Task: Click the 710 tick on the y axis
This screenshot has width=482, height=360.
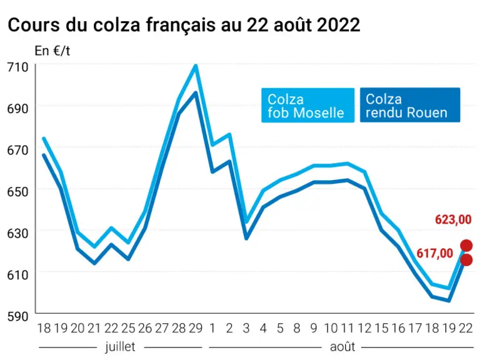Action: click(x=18, y=67)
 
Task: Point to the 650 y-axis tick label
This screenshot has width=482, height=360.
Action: click(x=18, y=192)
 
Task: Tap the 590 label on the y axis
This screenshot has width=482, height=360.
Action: click(x=18, y=316)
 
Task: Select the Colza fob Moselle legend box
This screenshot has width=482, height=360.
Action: click(x=308, y=105)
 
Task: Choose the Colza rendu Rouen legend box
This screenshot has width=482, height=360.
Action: click(x=410, y=105)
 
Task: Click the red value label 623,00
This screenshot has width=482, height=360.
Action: click(x=453, y=220)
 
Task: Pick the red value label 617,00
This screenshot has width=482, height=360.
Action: click(x=434, y=253)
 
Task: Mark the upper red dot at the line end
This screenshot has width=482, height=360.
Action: click(x=466, y=246)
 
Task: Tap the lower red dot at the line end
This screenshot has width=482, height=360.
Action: click(x=466, y=260)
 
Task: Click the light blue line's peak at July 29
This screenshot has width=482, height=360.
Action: click(x=196, y=66)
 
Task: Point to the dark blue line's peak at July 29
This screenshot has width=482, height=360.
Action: click(x=196, y=92)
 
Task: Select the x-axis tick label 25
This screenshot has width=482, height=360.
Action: click(x=128, y=328)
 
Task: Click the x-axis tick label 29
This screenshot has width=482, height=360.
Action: click(x=196, y=328)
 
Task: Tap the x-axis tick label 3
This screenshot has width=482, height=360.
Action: click(x=246, y=328)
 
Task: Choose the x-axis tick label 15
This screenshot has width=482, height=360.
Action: click(x=382, y=328)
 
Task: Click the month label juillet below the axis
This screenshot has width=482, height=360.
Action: click(x=120, y=347)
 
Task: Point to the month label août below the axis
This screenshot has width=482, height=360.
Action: click(x=343, y=347)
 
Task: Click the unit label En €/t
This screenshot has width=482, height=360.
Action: click(x=53, y=51)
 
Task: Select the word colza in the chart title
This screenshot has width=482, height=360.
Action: click(x=116, y=25)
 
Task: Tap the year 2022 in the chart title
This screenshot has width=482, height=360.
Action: click(x=338, y=25)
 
